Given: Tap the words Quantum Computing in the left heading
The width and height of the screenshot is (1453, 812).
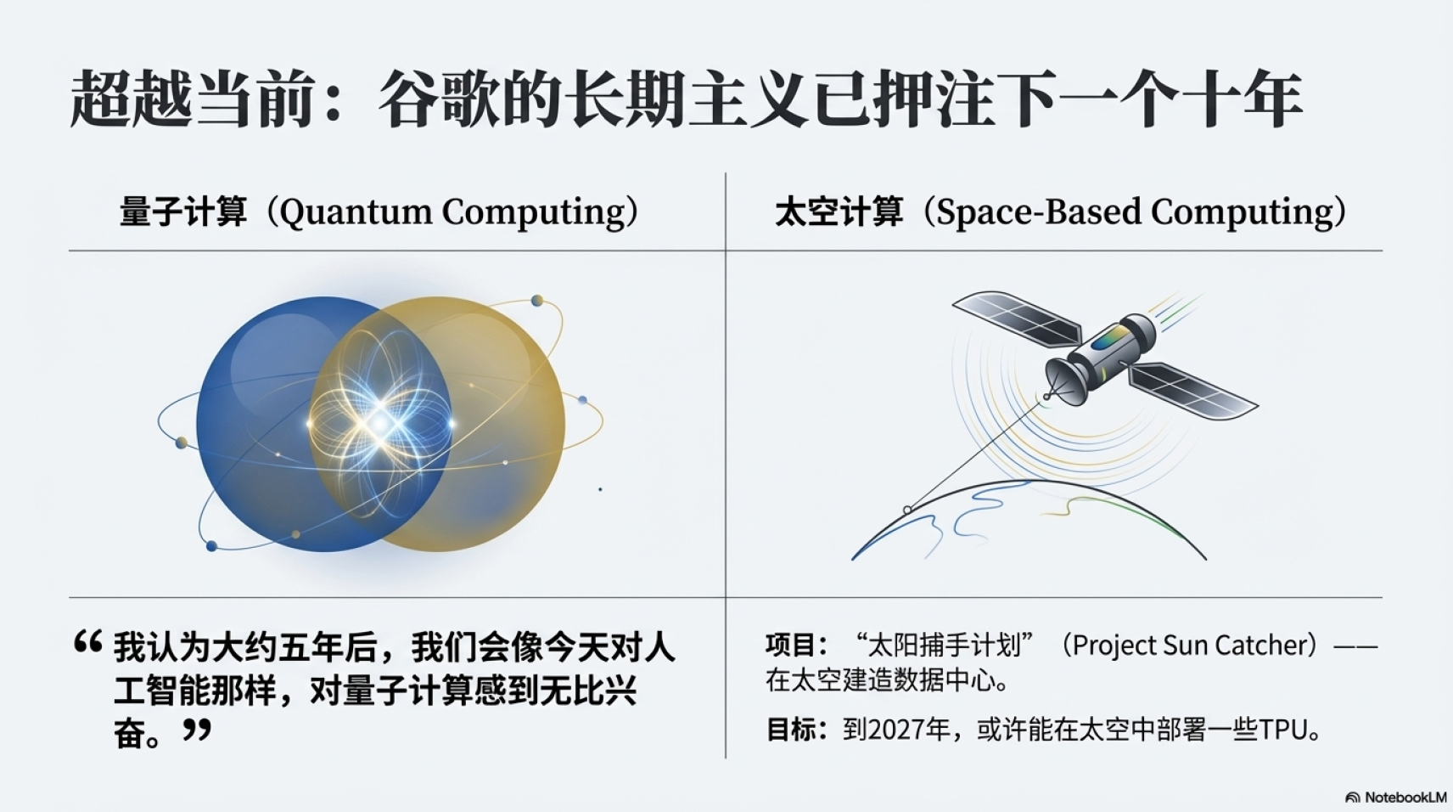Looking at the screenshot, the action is pos(458,212).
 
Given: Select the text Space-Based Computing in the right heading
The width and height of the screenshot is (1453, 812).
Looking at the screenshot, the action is pos(1142,212).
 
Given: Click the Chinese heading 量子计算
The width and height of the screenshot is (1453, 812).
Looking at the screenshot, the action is pos(183,211).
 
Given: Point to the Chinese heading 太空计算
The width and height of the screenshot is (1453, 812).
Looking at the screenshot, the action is pos(839,211).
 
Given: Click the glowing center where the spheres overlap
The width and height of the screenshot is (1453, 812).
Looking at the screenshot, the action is pos(380,424).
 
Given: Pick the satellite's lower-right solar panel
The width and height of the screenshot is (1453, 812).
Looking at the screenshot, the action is pos(1192,391).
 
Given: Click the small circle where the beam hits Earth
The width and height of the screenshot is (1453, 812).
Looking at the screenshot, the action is pos(907,510).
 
